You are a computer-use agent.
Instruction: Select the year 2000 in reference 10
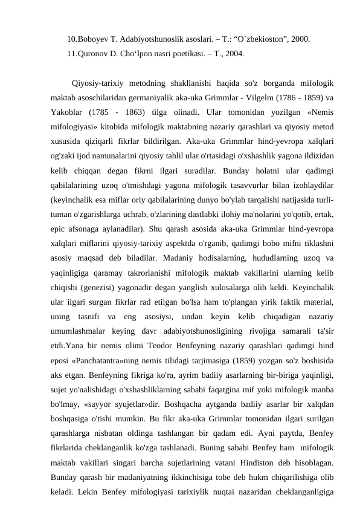[x=300, y=40]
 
